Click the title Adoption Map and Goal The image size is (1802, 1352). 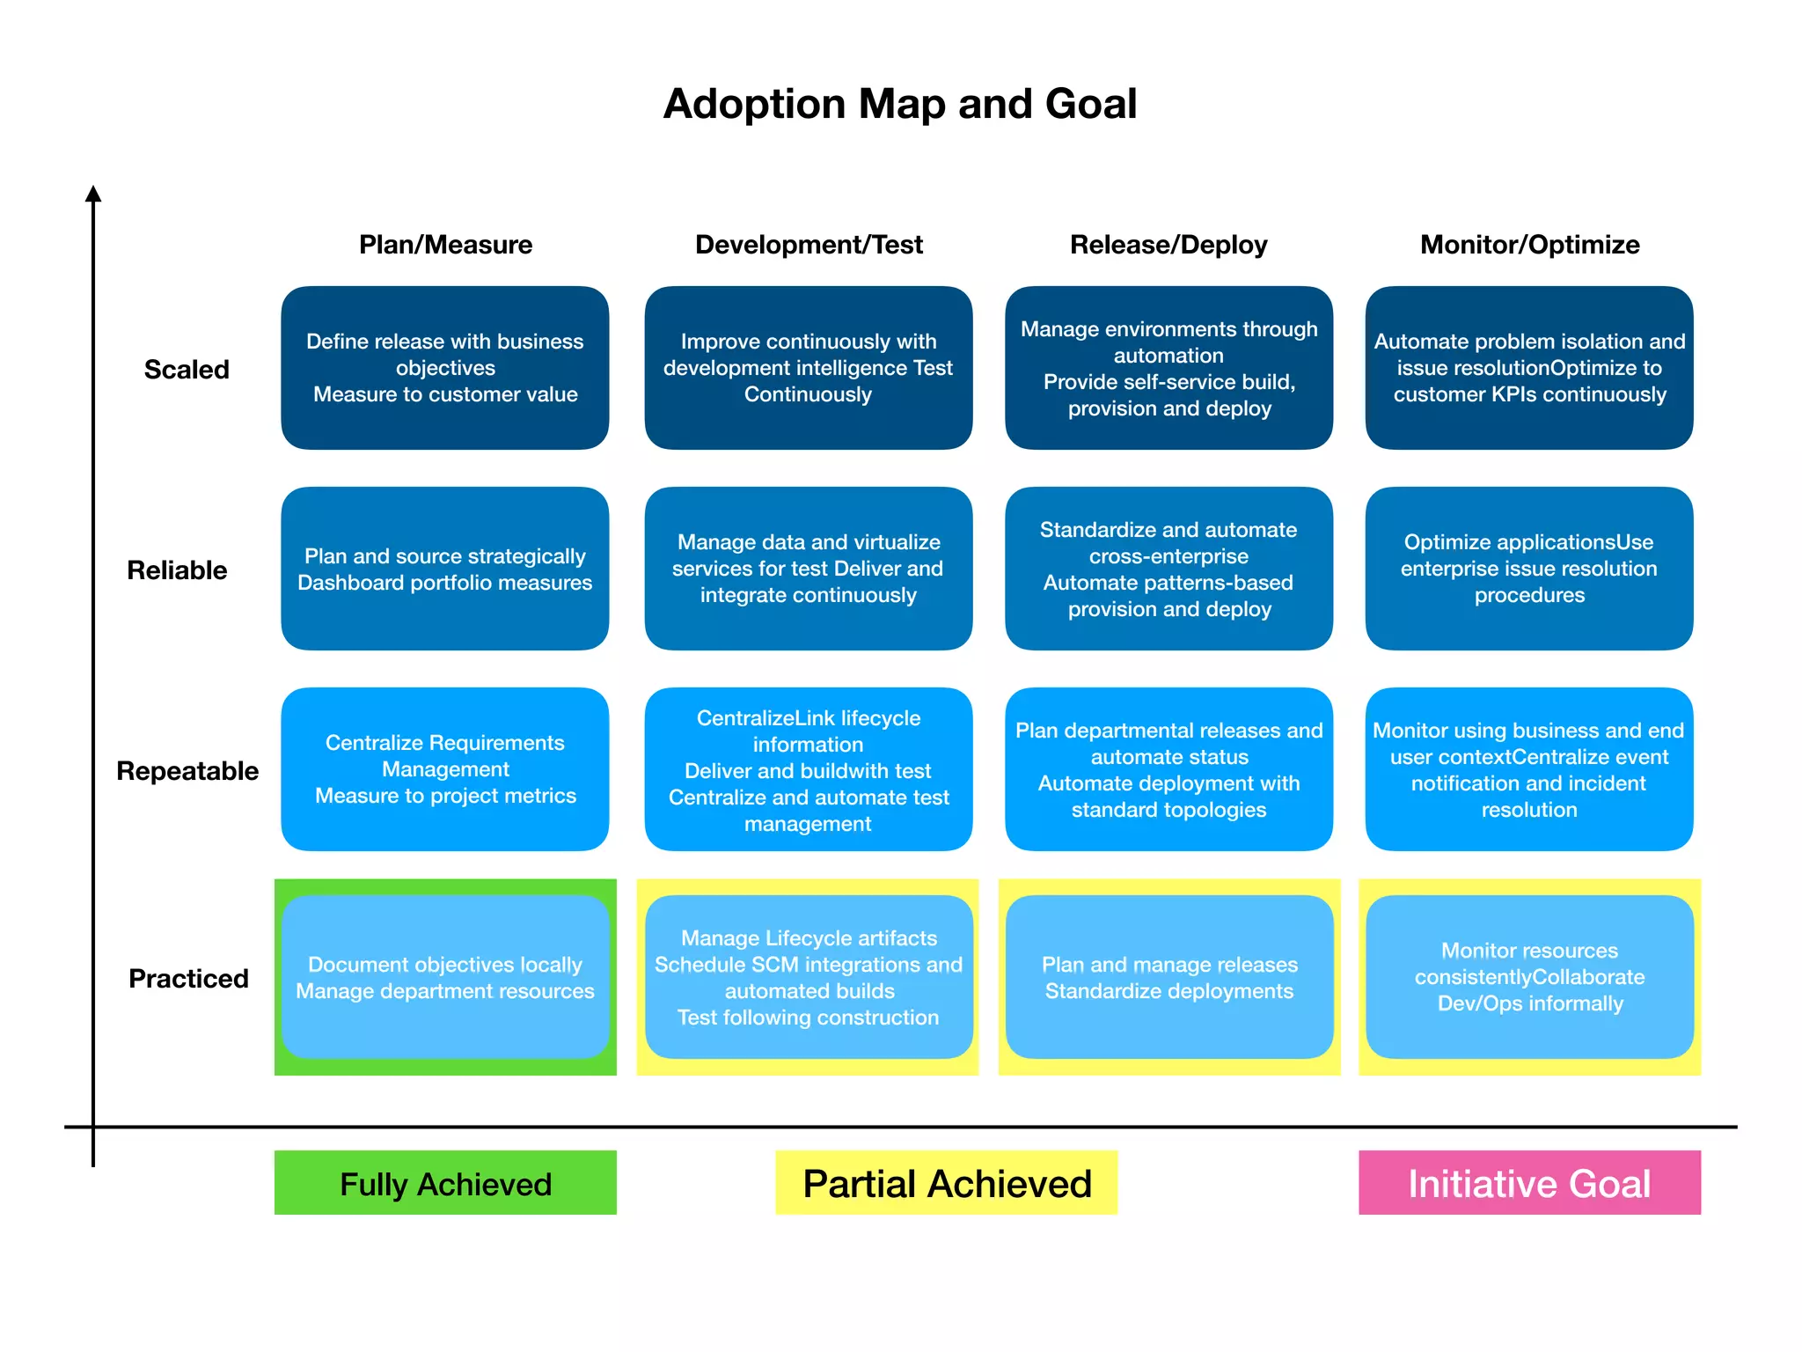[899, 104]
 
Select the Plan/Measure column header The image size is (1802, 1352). [445, 245]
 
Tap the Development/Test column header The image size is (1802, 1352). [808, 245]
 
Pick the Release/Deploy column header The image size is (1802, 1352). [1168, 245]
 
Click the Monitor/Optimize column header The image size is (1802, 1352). [1529, 245]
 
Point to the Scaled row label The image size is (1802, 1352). [187, 370]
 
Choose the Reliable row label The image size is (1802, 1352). [177, 570]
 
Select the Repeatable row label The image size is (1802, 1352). [187, 771]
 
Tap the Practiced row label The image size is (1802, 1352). [188, 979]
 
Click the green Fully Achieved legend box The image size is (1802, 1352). [445, 1183]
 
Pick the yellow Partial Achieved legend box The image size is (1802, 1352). [946, 1183]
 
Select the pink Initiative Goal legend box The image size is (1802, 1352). [1529, 1183]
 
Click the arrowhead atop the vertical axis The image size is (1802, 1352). [93, 194]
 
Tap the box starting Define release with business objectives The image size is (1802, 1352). [445, 368]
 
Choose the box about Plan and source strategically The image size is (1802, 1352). [445, 569]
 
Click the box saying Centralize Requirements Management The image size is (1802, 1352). [445, 769]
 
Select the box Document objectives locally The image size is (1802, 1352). [445, 977]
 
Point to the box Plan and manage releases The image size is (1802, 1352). [1168, 977]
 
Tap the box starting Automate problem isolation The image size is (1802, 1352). [1529, 368]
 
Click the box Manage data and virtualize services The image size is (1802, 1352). [808, 569]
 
